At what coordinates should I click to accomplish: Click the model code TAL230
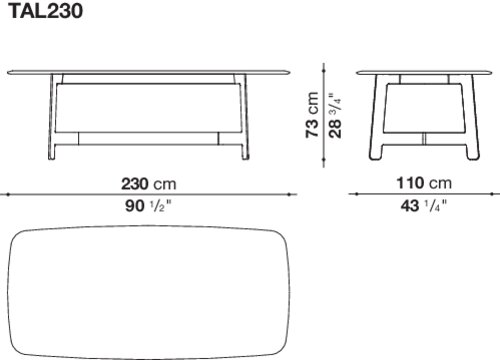pos(45,11)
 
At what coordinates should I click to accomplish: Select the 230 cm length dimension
pos(148,184)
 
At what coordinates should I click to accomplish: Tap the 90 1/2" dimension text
pos(148,206)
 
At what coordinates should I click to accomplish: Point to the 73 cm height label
pos(312,115)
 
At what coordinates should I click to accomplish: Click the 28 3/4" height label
pos(335,115)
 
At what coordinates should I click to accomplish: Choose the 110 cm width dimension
pos(424,183)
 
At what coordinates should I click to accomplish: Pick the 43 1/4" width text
pos(424,206)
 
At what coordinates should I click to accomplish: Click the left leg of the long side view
pos(52,117)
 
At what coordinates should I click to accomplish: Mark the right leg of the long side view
pos(244,117)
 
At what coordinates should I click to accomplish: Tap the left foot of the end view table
pos(375,152)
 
